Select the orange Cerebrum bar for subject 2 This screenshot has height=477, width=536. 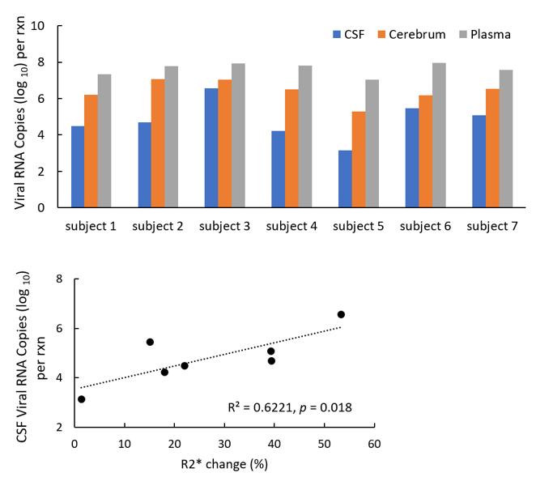tap(158, 143)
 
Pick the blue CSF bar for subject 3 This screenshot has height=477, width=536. tap(211, 147)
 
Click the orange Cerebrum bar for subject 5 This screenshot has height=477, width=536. tap(359, 159)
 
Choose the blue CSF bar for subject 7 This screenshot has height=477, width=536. tap(479, 160)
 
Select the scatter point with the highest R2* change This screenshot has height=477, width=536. tap(341, 314)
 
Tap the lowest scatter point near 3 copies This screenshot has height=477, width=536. tap(81, 399)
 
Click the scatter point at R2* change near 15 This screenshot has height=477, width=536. tap(150, 342)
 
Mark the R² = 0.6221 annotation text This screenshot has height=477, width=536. tap(288, 408)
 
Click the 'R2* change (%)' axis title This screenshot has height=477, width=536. tap(223, 464)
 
